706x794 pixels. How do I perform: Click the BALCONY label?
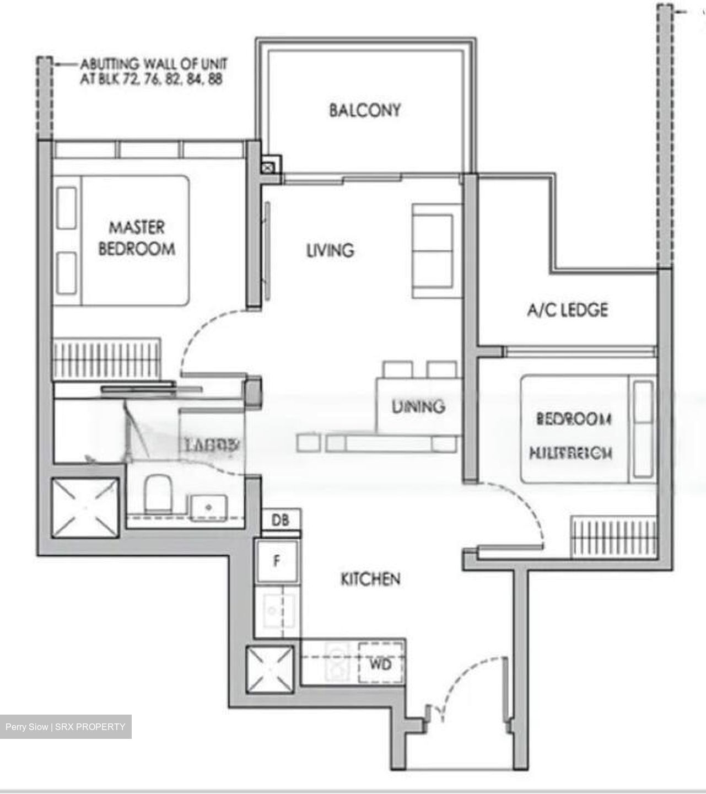coord(365,110)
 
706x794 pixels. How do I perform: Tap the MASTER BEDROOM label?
coord(137,238)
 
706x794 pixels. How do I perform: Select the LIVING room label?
coord(330,250)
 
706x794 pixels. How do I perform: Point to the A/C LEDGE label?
coord(568,310)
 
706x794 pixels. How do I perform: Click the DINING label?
coord(418,407)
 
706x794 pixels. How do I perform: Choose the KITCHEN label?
coord(370,579)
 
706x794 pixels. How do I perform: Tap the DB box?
coord(281,519)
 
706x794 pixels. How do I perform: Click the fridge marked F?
coord(277,561)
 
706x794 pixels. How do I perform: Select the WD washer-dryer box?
coord(380,664)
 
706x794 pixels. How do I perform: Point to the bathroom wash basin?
coord(209,506)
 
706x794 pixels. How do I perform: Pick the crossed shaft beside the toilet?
coord(85,508)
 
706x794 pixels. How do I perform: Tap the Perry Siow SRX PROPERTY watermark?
coord(66,727)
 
